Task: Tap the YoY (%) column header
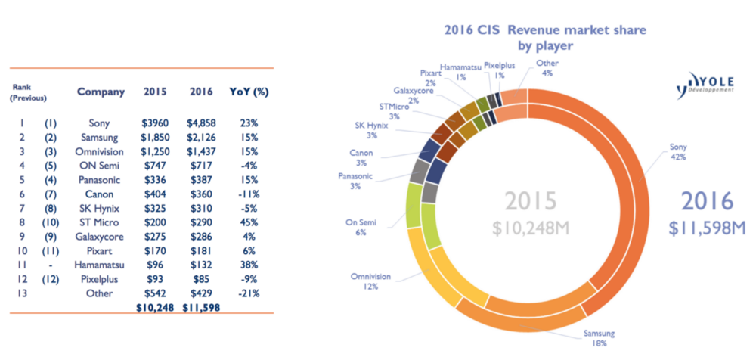[x=244, y=92]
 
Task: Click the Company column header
[x=101, y=92]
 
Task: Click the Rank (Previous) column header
[x=29, y=92]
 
